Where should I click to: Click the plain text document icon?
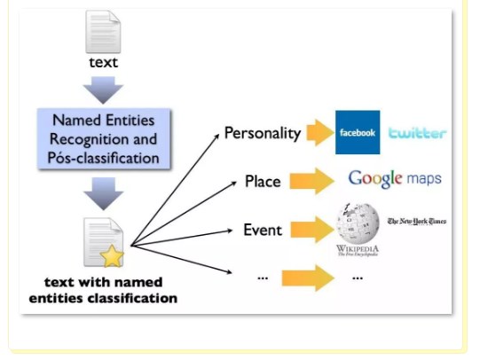[x=103, y=32]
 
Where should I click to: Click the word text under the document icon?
[x=104, y=62]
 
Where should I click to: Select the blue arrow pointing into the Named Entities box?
[x=103, y=90]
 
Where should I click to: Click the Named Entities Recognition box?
[x=104, y=138]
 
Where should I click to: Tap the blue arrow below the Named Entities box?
[x=104, y=193]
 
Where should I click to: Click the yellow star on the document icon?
[x=112, y=255]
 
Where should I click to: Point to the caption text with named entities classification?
[x=103, y=290]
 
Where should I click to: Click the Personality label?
[x=263, y=133]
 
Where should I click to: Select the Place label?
[x=263, y=181]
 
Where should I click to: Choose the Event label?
[x=263, y=230]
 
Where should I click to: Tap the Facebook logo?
[x=358, y=132]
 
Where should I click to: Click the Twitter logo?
[x=418, y=133]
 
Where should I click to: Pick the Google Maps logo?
[x=395, y=178]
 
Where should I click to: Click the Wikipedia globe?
[x=358, y=223]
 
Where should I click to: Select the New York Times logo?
[x=417, y=221]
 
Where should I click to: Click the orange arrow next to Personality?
[x=320, y=133]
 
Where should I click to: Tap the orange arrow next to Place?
[x=312, y=181]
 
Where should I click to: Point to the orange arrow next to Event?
[x=312, y=230]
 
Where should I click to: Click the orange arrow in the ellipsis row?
[x=308, y=278]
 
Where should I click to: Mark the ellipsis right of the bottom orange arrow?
[x=358, y=278]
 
